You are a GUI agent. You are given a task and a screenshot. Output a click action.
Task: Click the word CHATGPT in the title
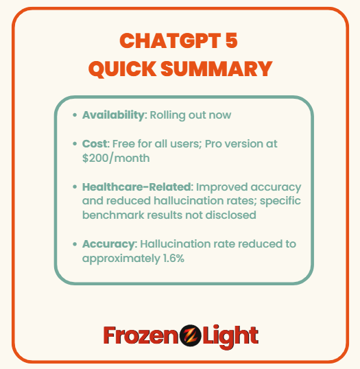pyautogui.click(x=170, y=40)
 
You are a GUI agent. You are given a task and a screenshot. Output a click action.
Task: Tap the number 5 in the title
pyautogui.click(x=232, y=40)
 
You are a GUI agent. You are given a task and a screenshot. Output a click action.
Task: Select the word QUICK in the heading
pyautogui.click(x=122, y=69)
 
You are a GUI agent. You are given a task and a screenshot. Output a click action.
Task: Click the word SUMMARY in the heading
pyautogui.click(x=217, y=69)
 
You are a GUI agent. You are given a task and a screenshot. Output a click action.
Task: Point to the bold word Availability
pyautogui.click(x=113, y=115)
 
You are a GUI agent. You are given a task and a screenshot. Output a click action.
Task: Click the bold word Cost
pyautogui.click(x=95, y=144)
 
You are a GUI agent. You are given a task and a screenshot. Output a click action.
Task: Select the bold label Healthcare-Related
pyautogui.click(x=136, y=187)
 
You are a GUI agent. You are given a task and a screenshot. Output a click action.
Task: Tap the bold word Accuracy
pyautogui.click(x=108, y=244)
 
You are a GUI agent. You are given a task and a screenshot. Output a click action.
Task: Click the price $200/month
pyautogui.click(x=116, y=158)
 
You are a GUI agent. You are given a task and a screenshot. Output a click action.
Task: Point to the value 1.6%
pyautogui.click(x=173, y=259)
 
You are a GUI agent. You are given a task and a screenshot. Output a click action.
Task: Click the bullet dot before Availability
pyautogui.click(x=75, y=115)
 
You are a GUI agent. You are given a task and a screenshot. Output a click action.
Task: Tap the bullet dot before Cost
pyautogui.click(x=75, y=143)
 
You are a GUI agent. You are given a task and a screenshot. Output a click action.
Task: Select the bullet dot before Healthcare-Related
pyautogui.click(x=75, y=187)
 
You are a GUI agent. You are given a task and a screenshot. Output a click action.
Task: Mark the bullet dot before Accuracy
pyautogui.click(x=75, y=244)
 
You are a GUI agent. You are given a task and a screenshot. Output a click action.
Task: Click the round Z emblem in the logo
pyautogui.click(x=190, y=335)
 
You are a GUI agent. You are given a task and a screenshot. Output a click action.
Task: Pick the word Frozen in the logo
pyautogui.click(x=141, y=335)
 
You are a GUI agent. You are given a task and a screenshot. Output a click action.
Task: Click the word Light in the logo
pyautogui.click(x=230, y=337)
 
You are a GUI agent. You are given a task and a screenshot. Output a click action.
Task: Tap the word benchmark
pyautogui.click(x=113, y=215)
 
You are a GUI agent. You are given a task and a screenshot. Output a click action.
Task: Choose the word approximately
pyautogui.click(x=121, y=259)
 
